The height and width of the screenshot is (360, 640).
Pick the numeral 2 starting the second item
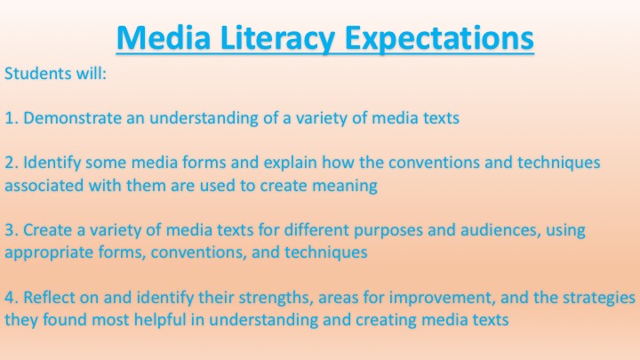tap(8, 164)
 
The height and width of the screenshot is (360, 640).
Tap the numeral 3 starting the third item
tap(8, 231)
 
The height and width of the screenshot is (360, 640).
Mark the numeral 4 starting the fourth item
tap(8, 298)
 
